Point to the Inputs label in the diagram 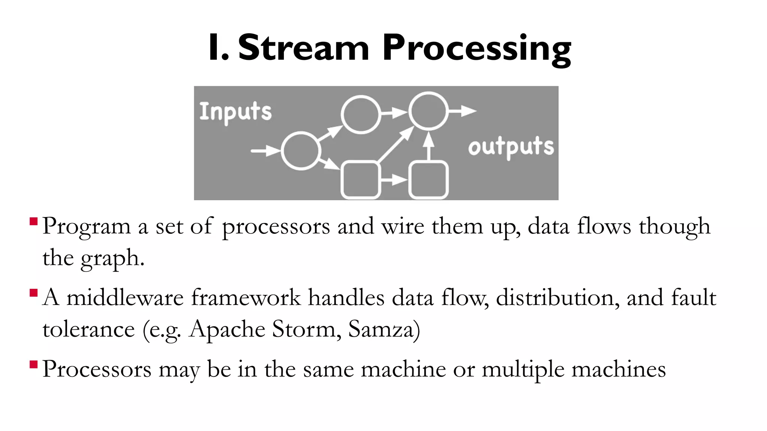tap(235, 112)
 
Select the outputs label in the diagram tap(511, 147)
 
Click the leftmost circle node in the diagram tap(301, 151)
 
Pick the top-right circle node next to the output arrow tap(428, 111)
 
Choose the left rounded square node tap(360, 180)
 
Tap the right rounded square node tap(428, 180)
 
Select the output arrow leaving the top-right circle tap(462, 111)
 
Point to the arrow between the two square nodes tap(394, 180)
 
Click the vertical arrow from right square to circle tap(428, 146)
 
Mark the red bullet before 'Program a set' tap(34, 221)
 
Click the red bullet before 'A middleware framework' tap(34, 293)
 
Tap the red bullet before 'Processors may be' tap(34, 364)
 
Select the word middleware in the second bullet tap(125, 298)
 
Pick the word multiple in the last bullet tap(522, 370)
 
